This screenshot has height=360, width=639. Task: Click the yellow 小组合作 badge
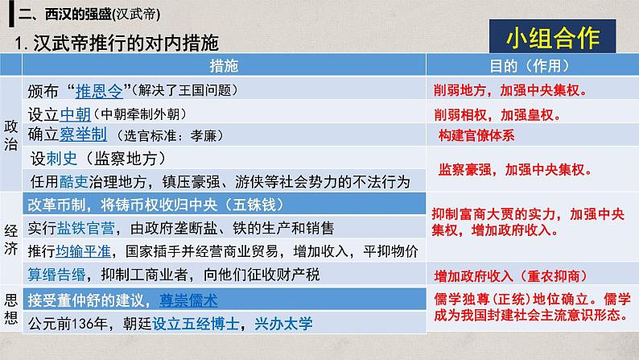point(552,38)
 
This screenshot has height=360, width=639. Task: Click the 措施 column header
point(224,66)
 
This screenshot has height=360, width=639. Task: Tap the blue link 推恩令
point(99,91)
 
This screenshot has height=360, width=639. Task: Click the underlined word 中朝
point(76,114)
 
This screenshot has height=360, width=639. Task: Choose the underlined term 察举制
point(83,134)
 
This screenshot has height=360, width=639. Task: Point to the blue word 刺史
point(61,159)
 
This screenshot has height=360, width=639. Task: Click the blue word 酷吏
point(74,181)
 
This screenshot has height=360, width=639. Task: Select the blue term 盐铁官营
point(85,228)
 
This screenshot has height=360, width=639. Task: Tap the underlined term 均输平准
point(83,251)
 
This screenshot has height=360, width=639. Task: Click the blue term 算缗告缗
point(56,275)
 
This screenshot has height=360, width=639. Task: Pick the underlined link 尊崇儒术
point(188,300)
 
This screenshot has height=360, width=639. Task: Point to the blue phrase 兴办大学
point(283,324)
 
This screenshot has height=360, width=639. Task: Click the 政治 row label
point(11,135)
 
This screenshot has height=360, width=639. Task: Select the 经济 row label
point(11,239)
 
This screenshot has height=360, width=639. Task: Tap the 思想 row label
point(11,308)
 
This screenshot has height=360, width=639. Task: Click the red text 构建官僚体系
point(476,135)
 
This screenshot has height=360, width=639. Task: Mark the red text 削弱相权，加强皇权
point(497,115)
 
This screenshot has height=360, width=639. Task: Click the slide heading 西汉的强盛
point(78,14)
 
